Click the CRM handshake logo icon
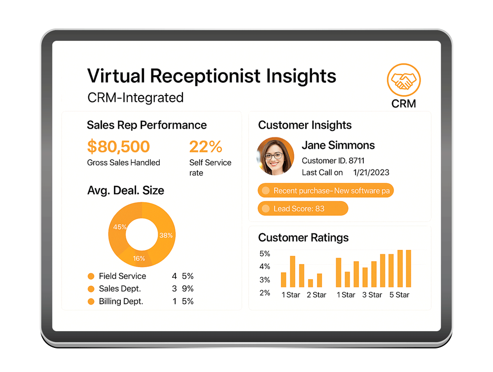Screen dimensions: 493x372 (x=404, y=80)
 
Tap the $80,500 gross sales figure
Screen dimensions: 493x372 (x=118, y=146)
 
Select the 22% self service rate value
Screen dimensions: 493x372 (x=206, y=146)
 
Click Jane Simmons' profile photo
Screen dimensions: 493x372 (x=276, y=156)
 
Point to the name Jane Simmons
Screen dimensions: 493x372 (x=338, y=145)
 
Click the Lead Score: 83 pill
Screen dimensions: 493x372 (x=303, y=208)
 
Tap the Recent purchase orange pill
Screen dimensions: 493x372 (x=326, y=190)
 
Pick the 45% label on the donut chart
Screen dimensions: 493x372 (x=120, y=227)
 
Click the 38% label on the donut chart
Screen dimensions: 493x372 (x=166, y=236)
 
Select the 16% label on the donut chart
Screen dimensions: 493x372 (x=139, y=258)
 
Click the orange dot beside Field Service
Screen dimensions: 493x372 (x=91, y=276)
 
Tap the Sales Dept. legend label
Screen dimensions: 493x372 (x=120, y=288)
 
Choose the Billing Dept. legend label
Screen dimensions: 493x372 (x=121, y=302)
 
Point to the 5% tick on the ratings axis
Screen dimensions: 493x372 (x=265, y=254)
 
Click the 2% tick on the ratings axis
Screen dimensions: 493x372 (x=265, y=293)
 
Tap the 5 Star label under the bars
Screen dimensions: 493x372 (x=399, y=295)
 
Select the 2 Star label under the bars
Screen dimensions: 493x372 (x=317, y=295)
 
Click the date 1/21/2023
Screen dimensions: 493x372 (x=371, y=172)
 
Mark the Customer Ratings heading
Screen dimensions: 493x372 (x=303, y=237)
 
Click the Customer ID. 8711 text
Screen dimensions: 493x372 (x=333, y=161)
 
